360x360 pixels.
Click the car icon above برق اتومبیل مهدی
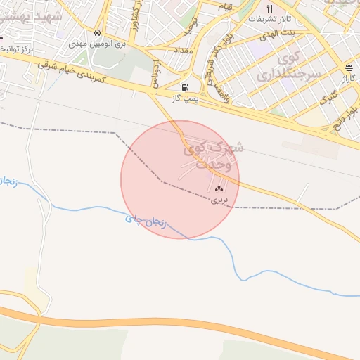point(96,32)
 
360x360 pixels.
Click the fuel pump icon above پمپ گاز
point(185,88)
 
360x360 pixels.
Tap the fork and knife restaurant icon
point(269,8)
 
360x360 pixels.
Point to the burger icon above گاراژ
point(349,67)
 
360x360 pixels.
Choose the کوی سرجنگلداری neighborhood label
point(298,64)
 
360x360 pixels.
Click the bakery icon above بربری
point(219,188)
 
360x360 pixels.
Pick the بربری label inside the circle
point(220,200)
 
